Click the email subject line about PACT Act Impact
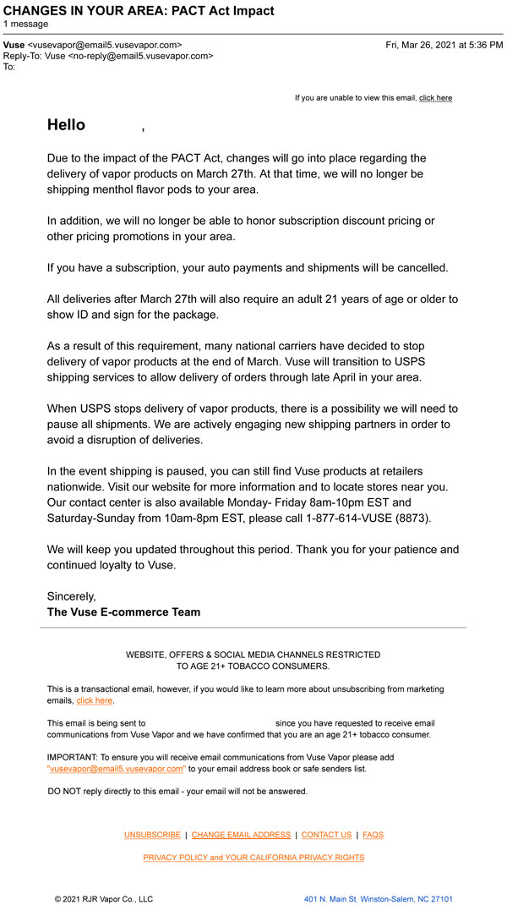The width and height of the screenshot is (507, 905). [139, 11]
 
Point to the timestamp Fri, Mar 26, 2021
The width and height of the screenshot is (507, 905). [444, 45]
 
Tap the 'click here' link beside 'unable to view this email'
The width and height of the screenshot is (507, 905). [435, 98]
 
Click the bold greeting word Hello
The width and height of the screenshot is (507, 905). [66, 125]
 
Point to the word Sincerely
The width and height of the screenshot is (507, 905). [72, 596]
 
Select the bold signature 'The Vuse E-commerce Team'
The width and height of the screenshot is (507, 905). [123, 612]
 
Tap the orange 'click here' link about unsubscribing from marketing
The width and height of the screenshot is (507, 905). [94, 700]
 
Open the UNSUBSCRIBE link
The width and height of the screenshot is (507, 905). [152, 835]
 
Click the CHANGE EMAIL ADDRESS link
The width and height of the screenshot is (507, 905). [241, 835]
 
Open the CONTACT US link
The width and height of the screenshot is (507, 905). [326, 835]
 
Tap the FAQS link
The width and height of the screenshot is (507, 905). [373, 835]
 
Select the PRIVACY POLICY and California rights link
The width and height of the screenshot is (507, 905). [253, 858]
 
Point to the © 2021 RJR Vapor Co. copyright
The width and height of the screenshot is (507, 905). [103, 899]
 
